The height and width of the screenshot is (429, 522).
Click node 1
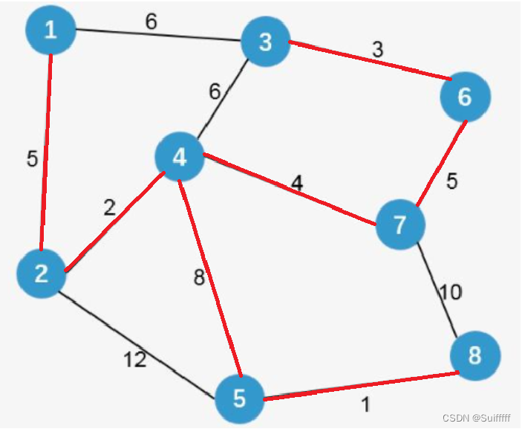tap(50, 30)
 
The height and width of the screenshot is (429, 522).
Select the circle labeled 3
tap(265, 42)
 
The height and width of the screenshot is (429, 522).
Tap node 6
tap(465, 97)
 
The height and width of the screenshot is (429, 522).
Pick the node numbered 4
tap(180, 157)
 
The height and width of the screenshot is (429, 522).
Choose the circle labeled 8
tap(474, 355)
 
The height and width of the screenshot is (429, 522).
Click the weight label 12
tap(135, 361)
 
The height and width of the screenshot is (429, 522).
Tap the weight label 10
tap(450, 292)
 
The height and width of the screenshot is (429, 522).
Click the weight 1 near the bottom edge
tap(365, 406)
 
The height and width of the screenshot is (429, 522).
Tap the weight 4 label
tap(297, 183)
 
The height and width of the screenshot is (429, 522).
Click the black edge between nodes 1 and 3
tap(156, 35)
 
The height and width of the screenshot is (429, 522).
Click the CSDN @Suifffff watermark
tap(474, 418)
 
